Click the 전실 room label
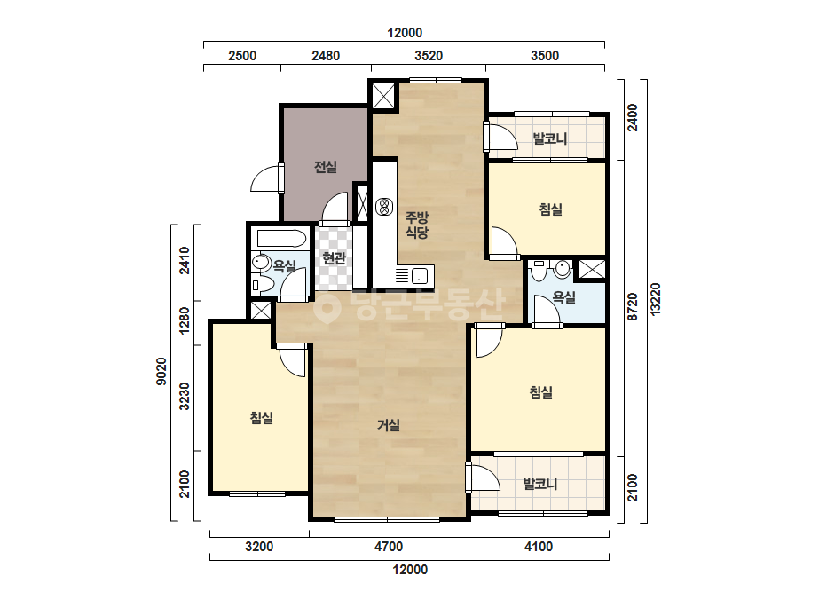[x=325, y=167]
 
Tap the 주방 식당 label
[x=417, y=225]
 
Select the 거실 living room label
[x=389, y=425]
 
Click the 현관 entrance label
[x=334, y=257]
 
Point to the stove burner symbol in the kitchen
[x=385, y=207]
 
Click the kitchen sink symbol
[x=420, y=275]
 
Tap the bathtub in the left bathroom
[x=281, y=239]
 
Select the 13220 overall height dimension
[x=656, y=298]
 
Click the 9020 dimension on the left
[x=161, y=372]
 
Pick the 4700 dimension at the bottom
[x=389, y=547]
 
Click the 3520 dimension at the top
[x=429, y=55]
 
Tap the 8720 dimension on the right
[x=633, y=306]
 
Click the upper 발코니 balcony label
[x=549, y=138]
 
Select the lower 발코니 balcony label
[x=540, y=484]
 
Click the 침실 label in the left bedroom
[x=261, y=417]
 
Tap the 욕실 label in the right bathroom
[x=563, y=297]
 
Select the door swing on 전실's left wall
[x=268, y=178]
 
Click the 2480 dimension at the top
[x=326, y=55]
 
